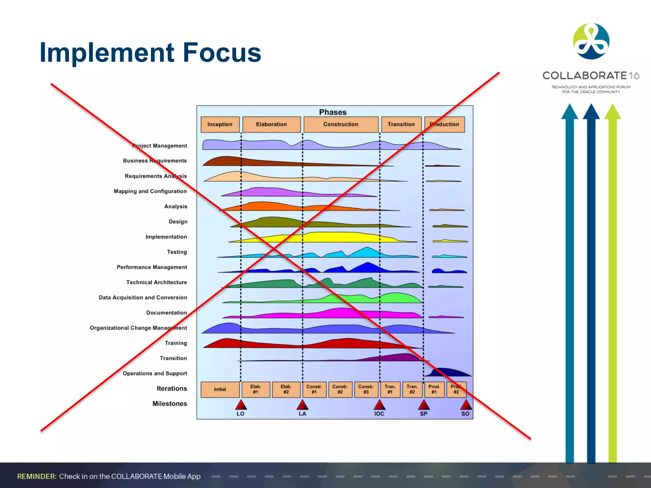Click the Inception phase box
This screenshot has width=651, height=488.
point(220,124)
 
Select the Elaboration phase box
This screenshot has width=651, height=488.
point(271,124)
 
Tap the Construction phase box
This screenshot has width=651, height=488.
point(341,124)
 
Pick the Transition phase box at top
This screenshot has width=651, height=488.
point(401,124)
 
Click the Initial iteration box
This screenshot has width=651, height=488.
point(220,390)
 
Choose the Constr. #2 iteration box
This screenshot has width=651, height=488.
point(340,390)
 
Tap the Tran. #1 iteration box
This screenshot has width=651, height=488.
point(390,390)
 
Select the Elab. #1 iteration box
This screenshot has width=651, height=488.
point(256,390)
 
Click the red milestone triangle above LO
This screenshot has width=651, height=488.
point(241,405)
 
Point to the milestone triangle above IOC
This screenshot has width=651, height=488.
point(379,405)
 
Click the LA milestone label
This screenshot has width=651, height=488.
point(302,414)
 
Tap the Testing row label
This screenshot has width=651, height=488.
point(177,252)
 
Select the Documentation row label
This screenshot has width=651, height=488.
point(167,313)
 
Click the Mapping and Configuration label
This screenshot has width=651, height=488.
point(150,191)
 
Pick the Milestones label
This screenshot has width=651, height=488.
point(169,403)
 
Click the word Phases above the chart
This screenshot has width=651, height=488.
point(332,112)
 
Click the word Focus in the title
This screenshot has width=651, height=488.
point(222,52)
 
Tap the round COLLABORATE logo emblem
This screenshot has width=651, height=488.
point(591,41)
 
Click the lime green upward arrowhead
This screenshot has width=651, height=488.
point(613,112)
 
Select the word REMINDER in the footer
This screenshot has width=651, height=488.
point(37,476)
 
